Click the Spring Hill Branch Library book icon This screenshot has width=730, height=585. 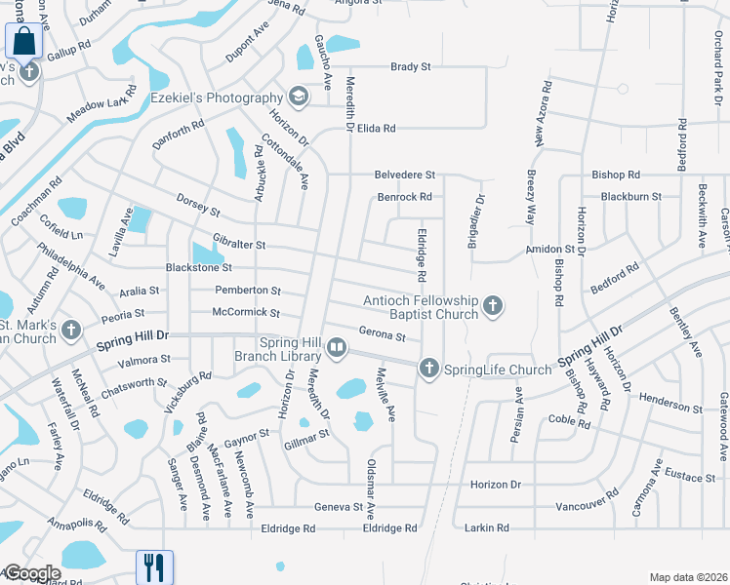(x=336, y=346)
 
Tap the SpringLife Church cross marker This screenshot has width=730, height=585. (x=428, y=369)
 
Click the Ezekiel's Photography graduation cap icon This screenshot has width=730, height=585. (x=297, y=96)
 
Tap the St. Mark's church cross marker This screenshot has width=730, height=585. (x=70, y=331)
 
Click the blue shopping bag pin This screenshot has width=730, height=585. (x=23, y=43)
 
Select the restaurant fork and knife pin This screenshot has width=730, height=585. (x=154, y=566)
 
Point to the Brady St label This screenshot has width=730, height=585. (x=410, y=66)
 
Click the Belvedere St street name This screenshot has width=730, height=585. (x=404, y=175)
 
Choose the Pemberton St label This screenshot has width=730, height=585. (x=248, y=291)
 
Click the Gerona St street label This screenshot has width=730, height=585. (x=382, y=335)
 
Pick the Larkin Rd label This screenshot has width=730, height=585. (x=488, y=527)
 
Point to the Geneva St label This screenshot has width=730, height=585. (x=338, y=507)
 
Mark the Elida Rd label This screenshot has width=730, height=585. (x=376, y=128)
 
